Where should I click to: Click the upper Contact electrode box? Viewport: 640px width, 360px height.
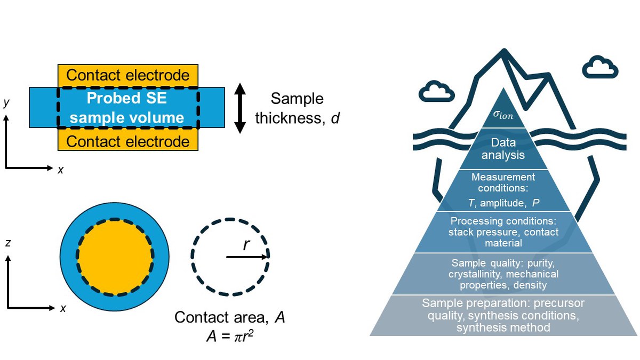coord(127,75)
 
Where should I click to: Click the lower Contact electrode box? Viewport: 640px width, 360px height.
coord(127,141)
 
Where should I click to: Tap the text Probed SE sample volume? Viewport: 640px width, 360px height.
coord(127,108)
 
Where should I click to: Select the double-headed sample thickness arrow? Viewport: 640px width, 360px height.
coord(240,108)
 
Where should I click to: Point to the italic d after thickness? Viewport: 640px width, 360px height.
coord(334,117)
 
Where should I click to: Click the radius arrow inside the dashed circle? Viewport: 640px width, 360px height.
coord(247,257)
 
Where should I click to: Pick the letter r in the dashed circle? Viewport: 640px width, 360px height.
coord(245,244)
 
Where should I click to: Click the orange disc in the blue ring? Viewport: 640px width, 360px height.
coord(115,256)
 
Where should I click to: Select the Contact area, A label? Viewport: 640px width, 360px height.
coord(230,318)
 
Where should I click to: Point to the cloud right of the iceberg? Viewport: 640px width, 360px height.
coord(600,67)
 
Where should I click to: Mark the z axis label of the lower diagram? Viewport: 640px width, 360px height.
coord(7,243)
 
